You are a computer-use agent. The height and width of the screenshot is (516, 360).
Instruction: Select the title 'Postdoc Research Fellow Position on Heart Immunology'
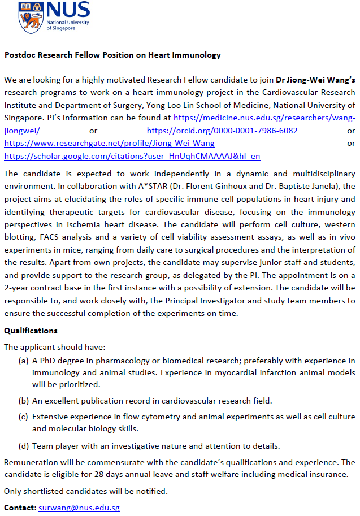[x=112, y=55]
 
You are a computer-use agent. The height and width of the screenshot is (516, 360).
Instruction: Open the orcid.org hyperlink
[x=222, y=131]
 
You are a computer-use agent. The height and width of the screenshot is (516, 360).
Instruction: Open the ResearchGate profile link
[x=109, y=144]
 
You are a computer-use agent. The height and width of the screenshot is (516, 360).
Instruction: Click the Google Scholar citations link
[x=132, y=156]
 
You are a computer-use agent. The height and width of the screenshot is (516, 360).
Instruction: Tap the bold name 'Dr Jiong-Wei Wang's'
[x=315, y=80]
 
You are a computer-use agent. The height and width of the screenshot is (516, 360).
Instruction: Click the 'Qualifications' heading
[x=31, y=331]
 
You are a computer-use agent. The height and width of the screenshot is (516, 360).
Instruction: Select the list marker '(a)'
[x=24, y=361]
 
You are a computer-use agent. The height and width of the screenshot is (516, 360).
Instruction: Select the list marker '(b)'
[x=24, y=401]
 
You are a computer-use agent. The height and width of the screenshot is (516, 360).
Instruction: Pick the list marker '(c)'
[x=24, y=417]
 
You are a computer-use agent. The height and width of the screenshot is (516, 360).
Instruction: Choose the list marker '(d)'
[x=24, y=446]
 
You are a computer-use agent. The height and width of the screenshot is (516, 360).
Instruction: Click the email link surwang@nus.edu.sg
[x=79, y=508]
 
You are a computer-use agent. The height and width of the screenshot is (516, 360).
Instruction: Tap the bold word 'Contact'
[x=20, y=508]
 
